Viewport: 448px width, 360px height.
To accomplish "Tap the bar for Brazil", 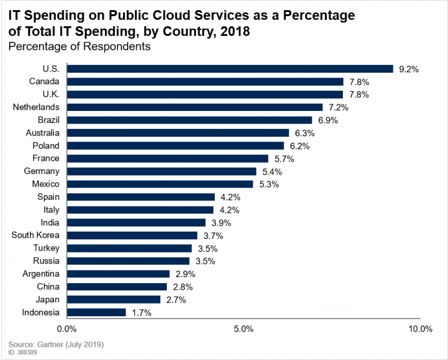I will coord(189,120).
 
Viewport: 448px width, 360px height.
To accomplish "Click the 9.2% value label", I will coord(408,69).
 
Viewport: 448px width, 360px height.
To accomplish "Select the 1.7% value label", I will coord(141,313).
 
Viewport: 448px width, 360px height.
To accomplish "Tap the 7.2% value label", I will coord(338,107).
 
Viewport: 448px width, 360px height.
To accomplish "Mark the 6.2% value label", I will coord(299,146).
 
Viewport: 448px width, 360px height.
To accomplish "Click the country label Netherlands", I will coord(36,107).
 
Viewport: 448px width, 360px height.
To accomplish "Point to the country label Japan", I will coord(47,299).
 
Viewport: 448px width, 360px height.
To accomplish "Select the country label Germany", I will coord(40,172).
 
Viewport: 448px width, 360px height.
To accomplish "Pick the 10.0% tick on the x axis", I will coord(420,329).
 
